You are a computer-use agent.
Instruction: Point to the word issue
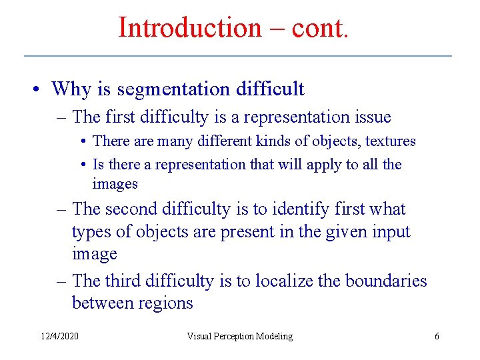click(x=369, y=117)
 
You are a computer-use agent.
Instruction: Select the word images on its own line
click(x=115, y=183)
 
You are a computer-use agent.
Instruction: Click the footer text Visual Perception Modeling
click(x=239, y=336)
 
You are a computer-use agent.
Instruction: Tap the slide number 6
click(x=437, y=336)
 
